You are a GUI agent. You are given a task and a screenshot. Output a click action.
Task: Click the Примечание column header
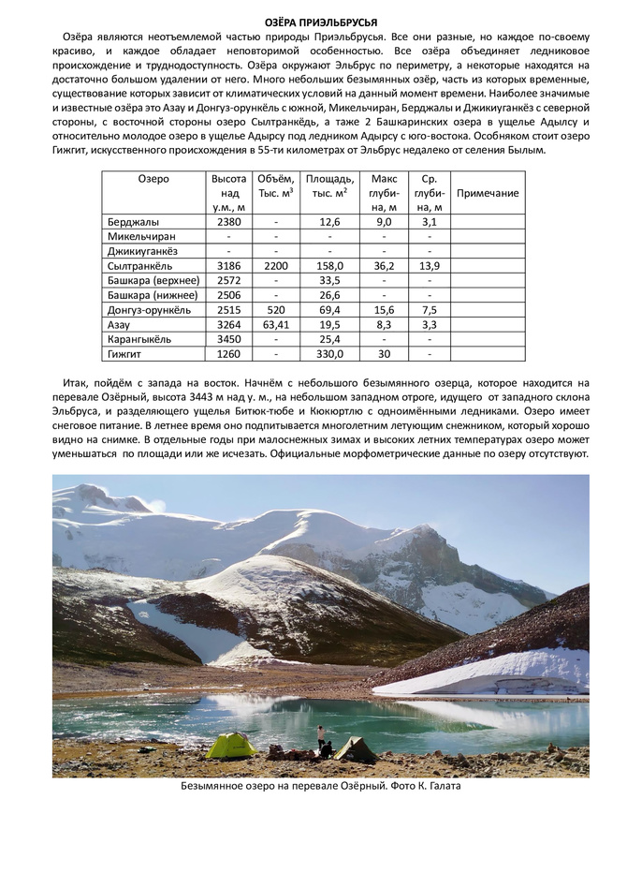[487, 193]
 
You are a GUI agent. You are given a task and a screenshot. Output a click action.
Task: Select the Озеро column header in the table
[153, 179]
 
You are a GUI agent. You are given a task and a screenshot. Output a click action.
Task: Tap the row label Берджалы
[134, 222]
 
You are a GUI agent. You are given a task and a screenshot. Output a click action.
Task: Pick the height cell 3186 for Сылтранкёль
[229, 266]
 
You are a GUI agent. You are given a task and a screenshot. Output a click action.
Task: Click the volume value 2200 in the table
[276, 266]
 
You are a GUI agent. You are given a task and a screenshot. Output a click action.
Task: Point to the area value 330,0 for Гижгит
[329, 354]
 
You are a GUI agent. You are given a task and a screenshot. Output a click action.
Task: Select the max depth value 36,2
[384, 266]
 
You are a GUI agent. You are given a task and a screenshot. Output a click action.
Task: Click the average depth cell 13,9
[430, 266]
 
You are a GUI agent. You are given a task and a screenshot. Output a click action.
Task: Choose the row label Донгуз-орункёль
[149, 310]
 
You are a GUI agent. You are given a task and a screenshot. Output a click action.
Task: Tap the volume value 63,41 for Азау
[276, 324]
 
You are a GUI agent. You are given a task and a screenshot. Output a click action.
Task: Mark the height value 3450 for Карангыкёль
[229, 339]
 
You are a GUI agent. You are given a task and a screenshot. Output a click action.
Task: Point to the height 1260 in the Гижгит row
[229, 354]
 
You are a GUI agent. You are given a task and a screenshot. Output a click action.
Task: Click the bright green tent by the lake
[231, 746]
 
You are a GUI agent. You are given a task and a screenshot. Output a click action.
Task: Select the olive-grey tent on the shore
[357, 748]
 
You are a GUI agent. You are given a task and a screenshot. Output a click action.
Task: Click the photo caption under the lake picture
[321, 786]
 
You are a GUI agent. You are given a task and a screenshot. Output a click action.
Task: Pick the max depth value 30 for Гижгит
[384, 354]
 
